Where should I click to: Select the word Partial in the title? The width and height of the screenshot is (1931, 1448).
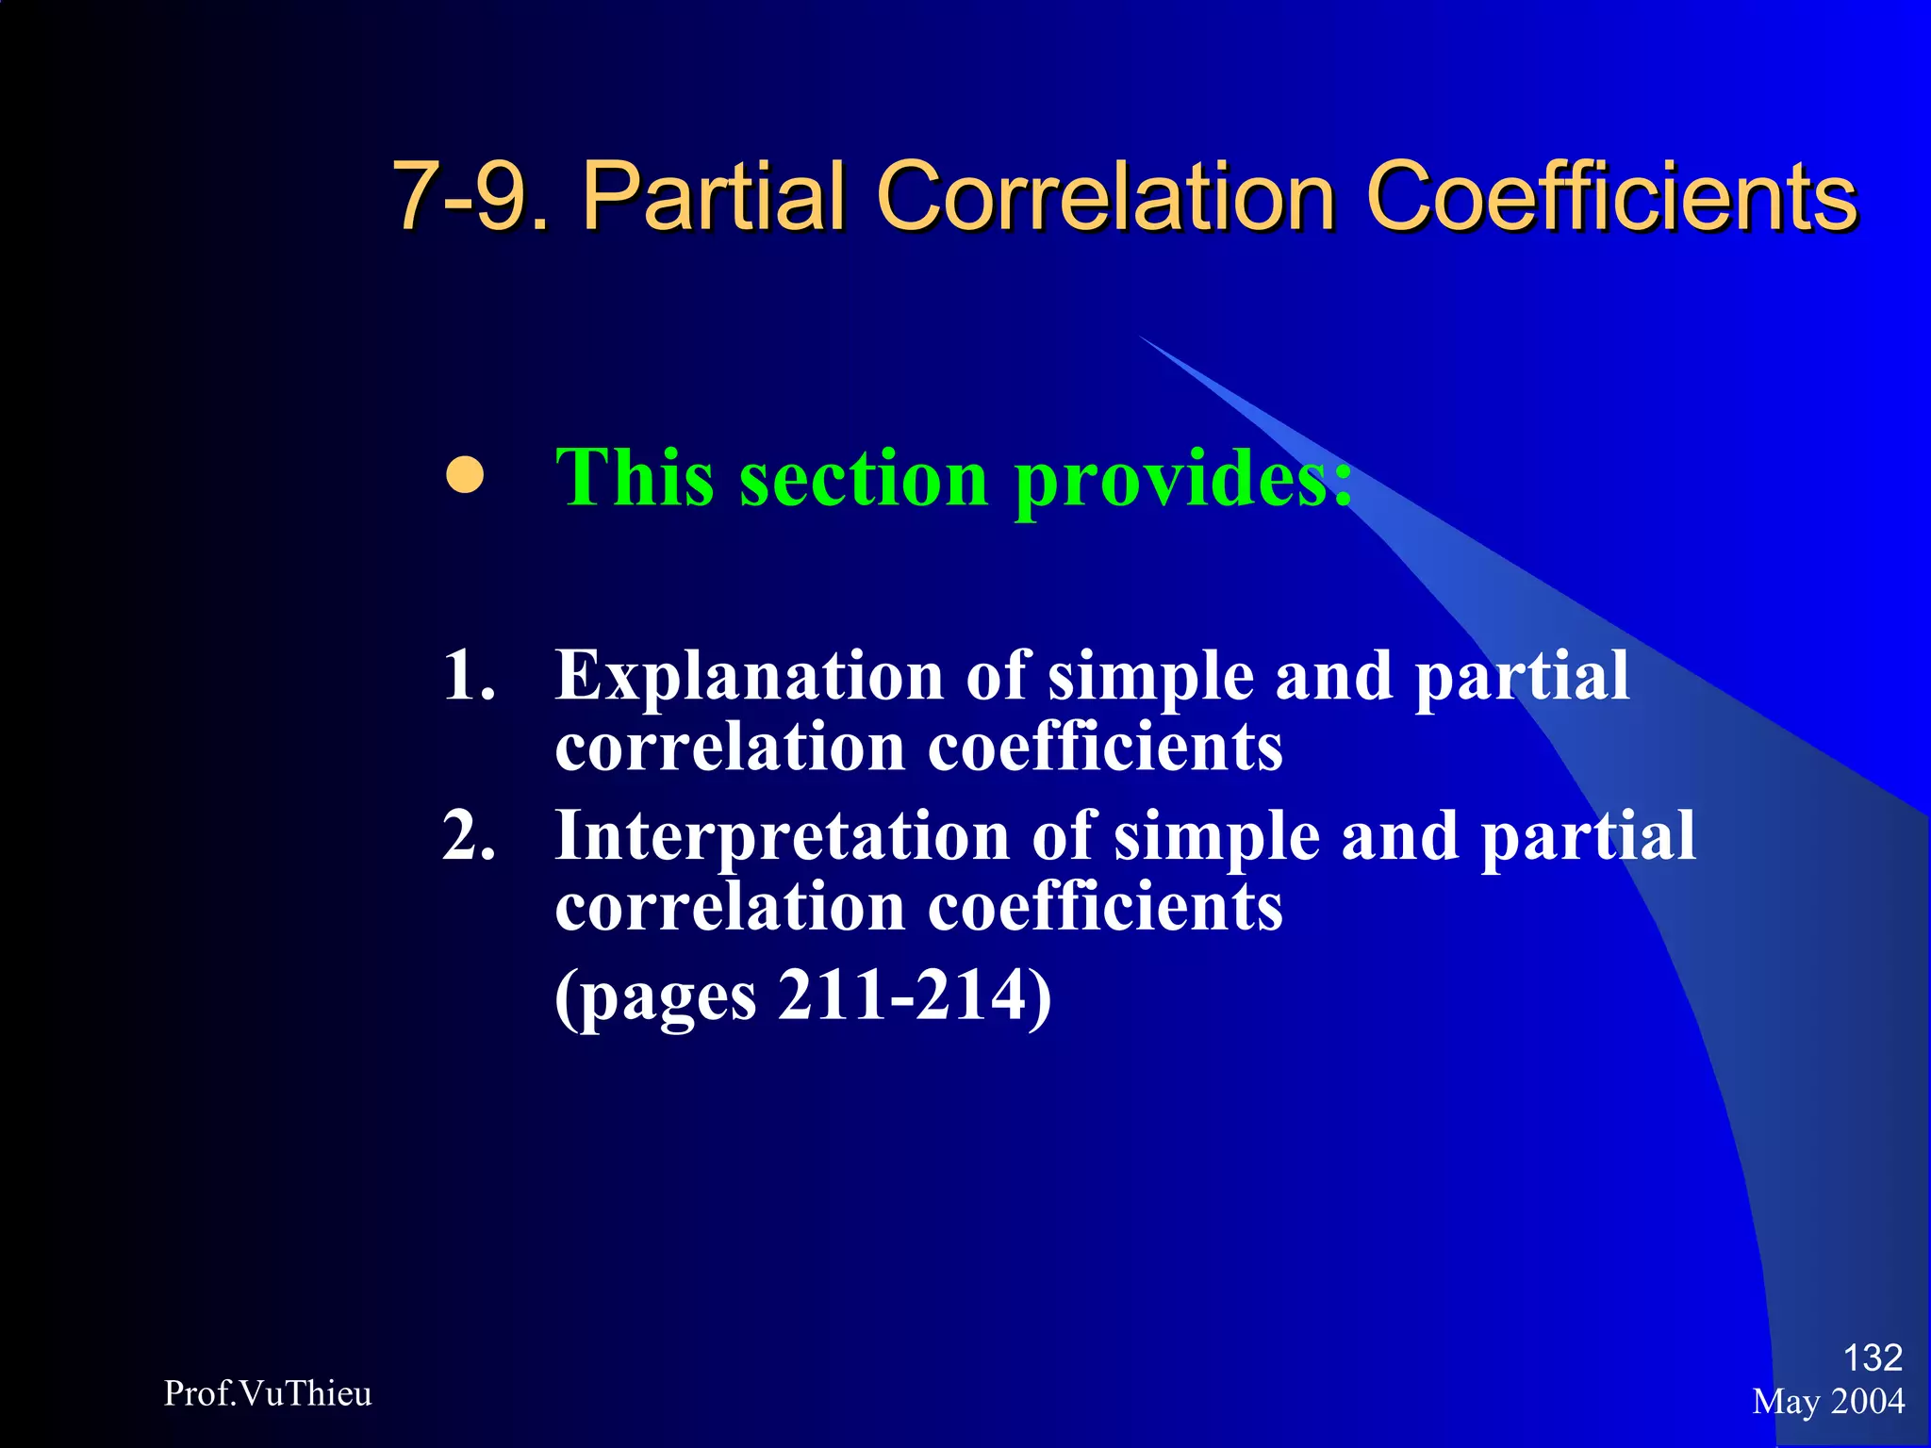(x=713, y=195)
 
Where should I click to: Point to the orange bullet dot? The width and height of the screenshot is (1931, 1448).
(x=465, y=475)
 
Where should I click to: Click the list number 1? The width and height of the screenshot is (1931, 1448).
(x=468, y=675)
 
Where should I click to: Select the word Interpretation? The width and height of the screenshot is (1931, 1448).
(x=782, y=837)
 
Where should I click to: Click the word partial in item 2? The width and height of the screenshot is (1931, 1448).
(x=1588, y=837)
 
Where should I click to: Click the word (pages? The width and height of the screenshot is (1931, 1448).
(x=656, y=997)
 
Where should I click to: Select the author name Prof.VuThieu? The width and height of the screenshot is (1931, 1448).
(x=268, y=1393)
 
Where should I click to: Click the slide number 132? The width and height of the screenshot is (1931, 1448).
(x=1873, y=1357)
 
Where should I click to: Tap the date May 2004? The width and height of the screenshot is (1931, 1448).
(x=1828, y=1402)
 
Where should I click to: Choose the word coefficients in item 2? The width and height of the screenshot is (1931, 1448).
(x=1104, y=907)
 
